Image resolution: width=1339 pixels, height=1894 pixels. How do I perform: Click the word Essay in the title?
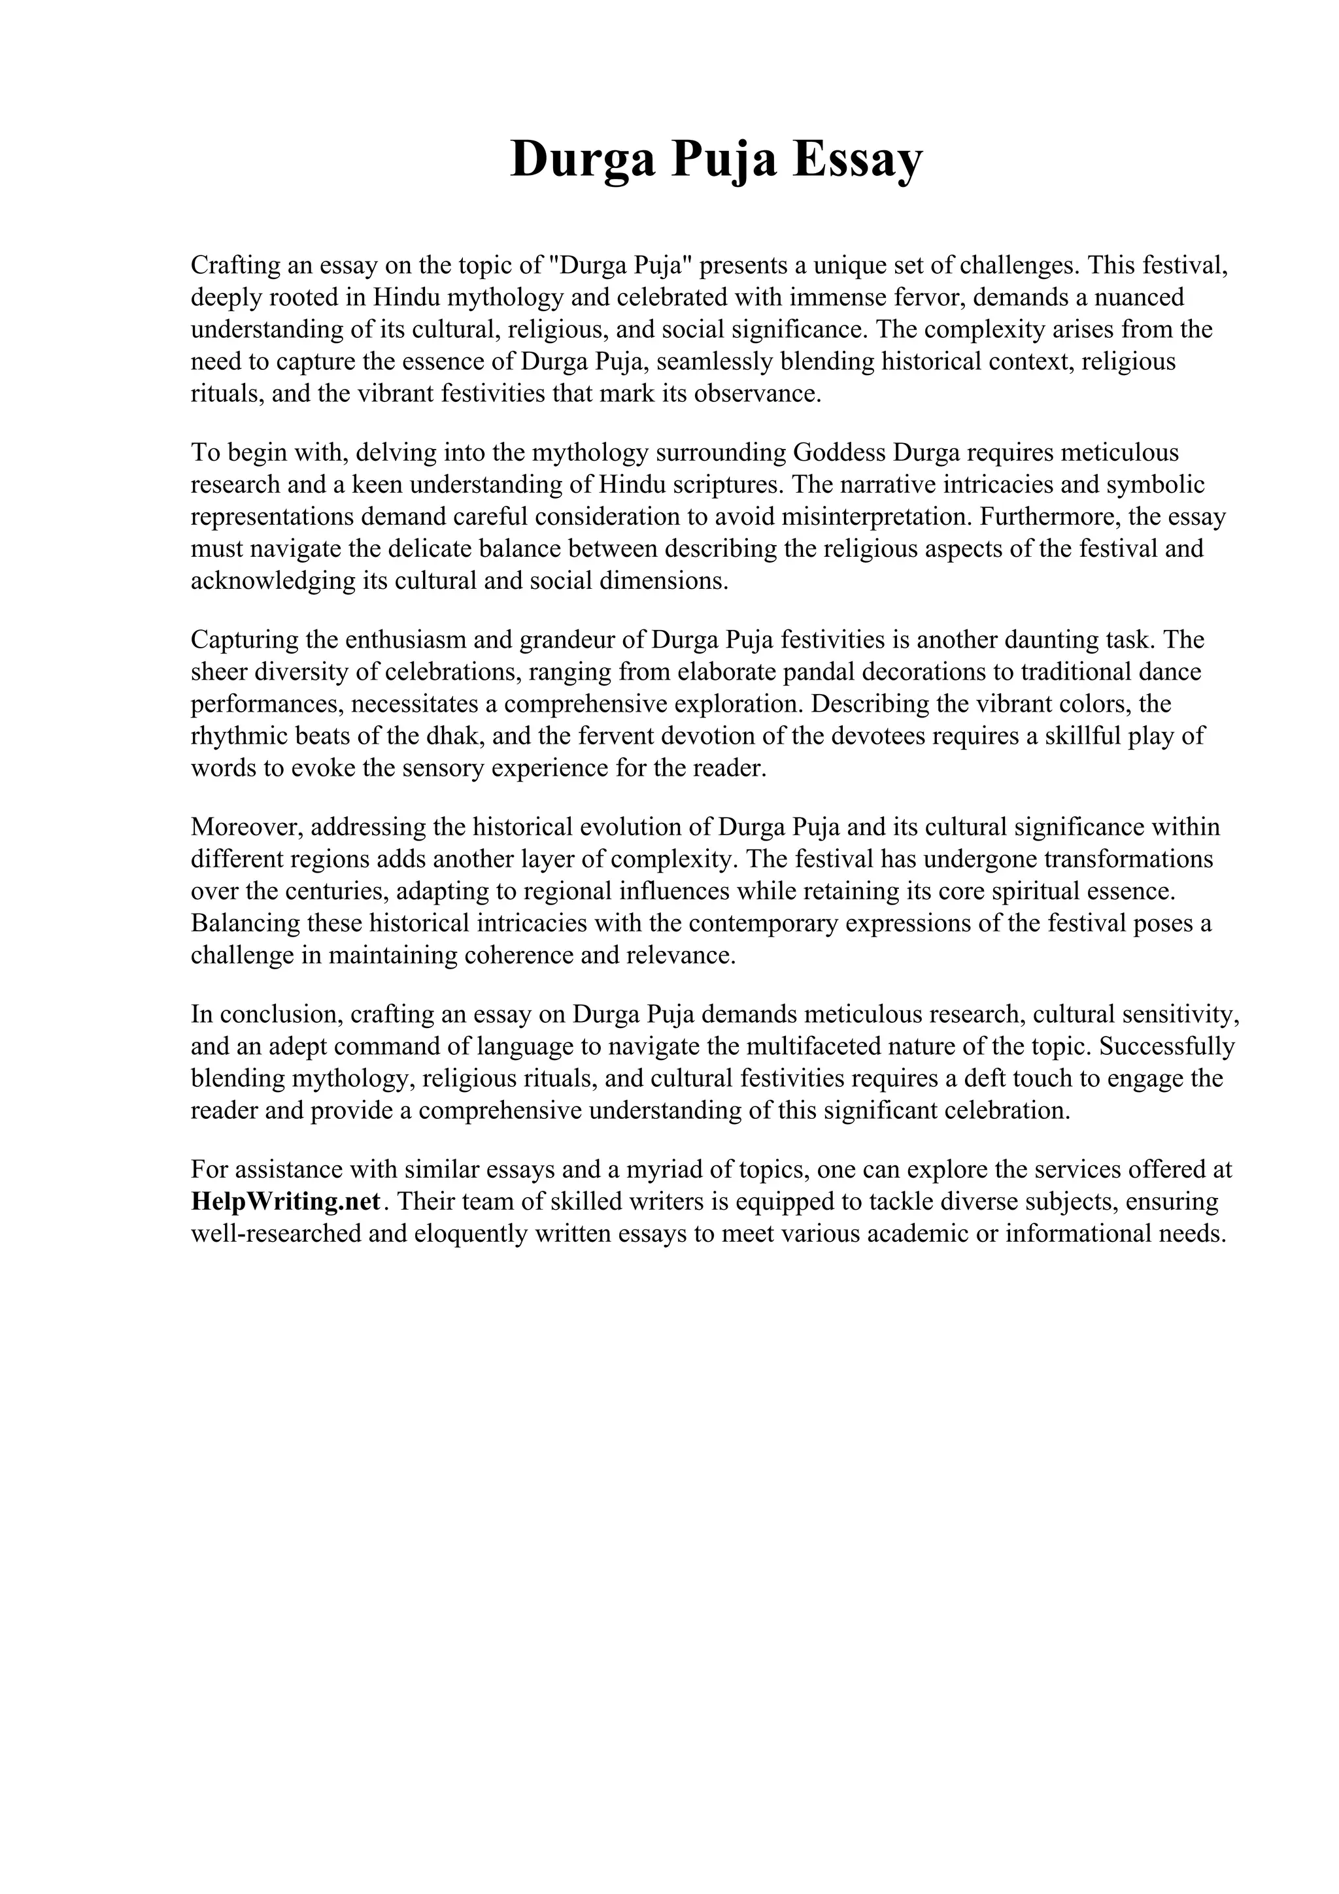point(857,159)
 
